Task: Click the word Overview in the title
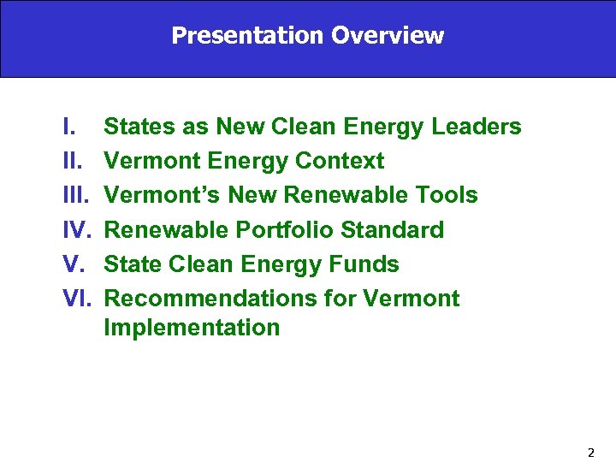tap(388, 36)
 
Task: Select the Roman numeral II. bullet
tap(73, 161)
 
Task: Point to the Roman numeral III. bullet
tap(76, 195)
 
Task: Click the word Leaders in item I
tap(477, 127)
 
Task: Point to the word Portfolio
tap(283, 230)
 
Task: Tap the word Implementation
tap(192, 328)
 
